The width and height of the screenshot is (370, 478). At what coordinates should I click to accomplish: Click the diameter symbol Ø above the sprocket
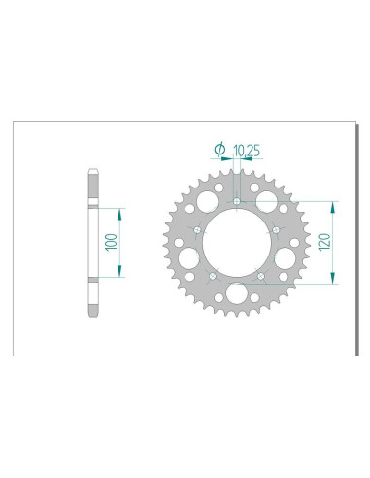point(219,150)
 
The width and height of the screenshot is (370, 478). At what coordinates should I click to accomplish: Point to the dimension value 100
point(113,242)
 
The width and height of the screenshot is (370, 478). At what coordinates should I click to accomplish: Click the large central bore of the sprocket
point(237,243)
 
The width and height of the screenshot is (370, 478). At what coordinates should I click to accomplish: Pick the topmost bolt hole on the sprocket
point(237,201)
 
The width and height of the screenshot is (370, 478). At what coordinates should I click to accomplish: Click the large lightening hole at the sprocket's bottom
point(237,296)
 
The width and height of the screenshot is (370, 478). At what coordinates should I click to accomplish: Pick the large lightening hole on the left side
point(186,259)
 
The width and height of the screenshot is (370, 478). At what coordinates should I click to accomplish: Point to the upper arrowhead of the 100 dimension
point(120,211)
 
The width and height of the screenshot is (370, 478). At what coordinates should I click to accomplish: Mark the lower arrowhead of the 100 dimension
point(120,274)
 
